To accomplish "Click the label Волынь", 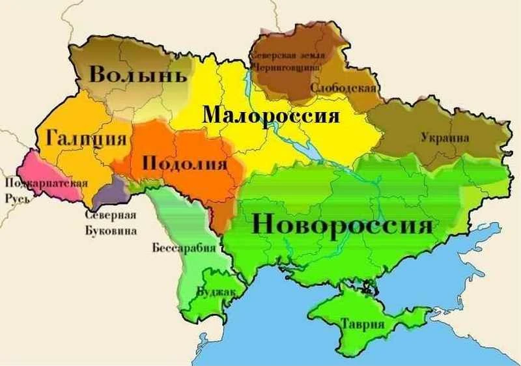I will tap(137, 74).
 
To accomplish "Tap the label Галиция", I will tap(86, 138).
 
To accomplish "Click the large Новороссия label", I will tap(341, 225).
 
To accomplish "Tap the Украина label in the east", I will tap(445, 138).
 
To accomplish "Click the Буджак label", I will tap(216, 292).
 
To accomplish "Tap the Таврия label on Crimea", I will tap(363, 324).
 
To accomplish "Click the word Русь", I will tap(17, 196).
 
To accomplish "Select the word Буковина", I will tap(111, 230).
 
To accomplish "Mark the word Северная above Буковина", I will tap(111, 217).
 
